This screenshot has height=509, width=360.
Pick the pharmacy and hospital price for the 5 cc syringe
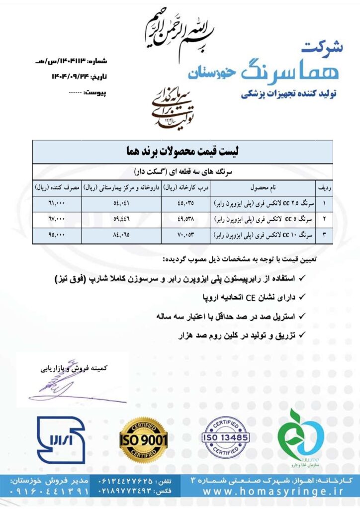pos(121,219)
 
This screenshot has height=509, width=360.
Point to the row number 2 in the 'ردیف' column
pos(324,219)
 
